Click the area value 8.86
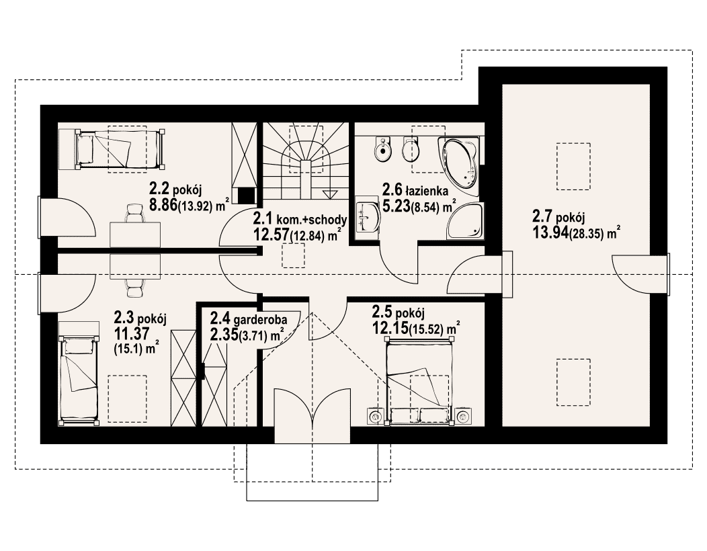pyautogui.click(x=163, y=206)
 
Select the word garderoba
pyautogui.click(x=260, y=320)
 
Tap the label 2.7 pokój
pyautogui.click(x=558, y=218)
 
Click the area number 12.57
pyautogui.click(x=271, y=235)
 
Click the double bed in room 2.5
pyautogui.click(x=419, y=380)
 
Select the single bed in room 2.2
pyautogui.click(x=119, y=149)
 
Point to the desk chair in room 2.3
pyautogui.click(x=135, y=287)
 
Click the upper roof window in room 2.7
pyautogui.click(x=573, y=166)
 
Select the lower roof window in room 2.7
pyautogui.click(x=573, y=382)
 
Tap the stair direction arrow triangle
pyautogui.click(x=330, y=194)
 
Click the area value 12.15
pyautogui.click(x=389, y=330)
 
